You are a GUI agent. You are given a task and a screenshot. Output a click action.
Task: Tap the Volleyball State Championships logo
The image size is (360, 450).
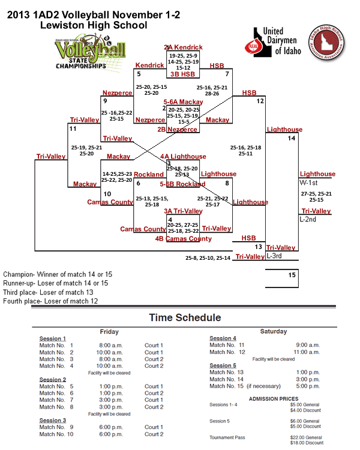(82, 54)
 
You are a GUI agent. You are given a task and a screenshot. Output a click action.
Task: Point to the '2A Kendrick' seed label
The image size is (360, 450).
(183, 47)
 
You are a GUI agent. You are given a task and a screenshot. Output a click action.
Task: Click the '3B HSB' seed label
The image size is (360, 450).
(182, 74)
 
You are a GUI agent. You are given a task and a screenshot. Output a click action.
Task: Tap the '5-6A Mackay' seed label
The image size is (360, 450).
(183, 103)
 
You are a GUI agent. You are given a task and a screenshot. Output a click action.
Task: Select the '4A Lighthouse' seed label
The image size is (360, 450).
(183, 157)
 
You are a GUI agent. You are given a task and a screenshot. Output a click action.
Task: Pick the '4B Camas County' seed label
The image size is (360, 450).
(183, 238)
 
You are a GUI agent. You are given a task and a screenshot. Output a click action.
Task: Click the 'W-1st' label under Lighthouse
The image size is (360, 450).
(309, 182)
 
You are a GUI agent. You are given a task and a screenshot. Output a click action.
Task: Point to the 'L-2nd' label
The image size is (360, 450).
(308, 219)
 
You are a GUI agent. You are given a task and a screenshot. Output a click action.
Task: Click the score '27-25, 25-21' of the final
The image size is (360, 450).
(316, 194)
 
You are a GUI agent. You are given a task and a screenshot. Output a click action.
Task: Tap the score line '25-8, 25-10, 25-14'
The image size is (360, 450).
(208, 258)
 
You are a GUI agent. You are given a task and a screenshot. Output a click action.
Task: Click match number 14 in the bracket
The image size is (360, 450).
(292, 139)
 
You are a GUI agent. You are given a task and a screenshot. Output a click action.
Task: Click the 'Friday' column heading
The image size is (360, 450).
(109, 332)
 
